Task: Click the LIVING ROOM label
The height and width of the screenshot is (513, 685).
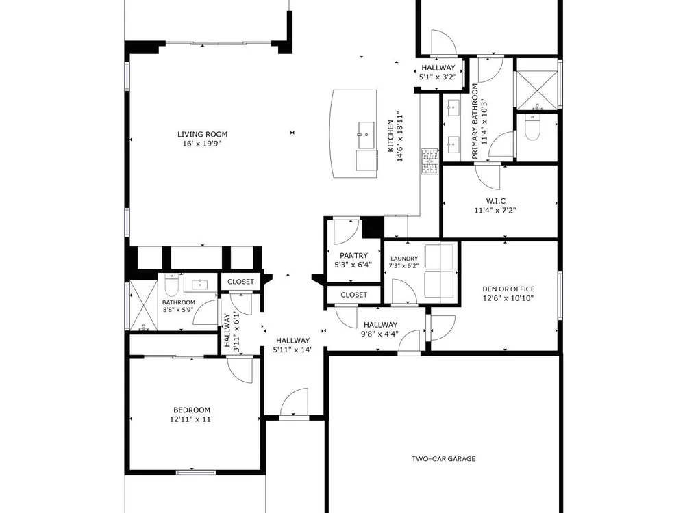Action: pyautogui.click(x=202, y=134)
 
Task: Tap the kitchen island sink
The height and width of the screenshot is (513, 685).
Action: pyautogui.click(x=366, y=135)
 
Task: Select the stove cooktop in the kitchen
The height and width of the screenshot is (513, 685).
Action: pyautogui.click(x=429, y=162)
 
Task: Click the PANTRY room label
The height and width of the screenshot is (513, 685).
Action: pyautogui.click(x=353, y=256)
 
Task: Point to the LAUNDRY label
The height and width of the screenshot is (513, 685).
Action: pyautogui.click(x=404, y=259)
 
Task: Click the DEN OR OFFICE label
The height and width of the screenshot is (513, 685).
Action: pyautogui.click(x=508, y=289)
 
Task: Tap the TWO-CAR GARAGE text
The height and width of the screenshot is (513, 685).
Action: pyautogui.click(x=443, y=458)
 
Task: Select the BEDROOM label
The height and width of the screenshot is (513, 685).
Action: pyautogui.click(x=192, y=410)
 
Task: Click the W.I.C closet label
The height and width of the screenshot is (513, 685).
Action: pyautogui.click(x=495, y=201)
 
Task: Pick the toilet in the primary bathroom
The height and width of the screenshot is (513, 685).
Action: pyautogui.click(x=532, y=127)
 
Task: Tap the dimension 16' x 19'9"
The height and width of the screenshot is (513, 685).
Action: pyautogui.click(x=202, y=144)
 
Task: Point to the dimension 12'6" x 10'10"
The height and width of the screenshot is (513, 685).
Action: pyautogui.click(x=508, y=298)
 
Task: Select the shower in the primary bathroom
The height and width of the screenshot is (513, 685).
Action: pyautogui.click(x=537, y=89)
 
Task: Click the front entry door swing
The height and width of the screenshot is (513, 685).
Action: pyautogui.click(x=294, y=402)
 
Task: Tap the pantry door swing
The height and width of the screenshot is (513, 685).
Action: pyautogui.click(x=347, y=232)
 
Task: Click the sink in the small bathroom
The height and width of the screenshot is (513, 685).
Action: pyautogui.click(x=201, y=285)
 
